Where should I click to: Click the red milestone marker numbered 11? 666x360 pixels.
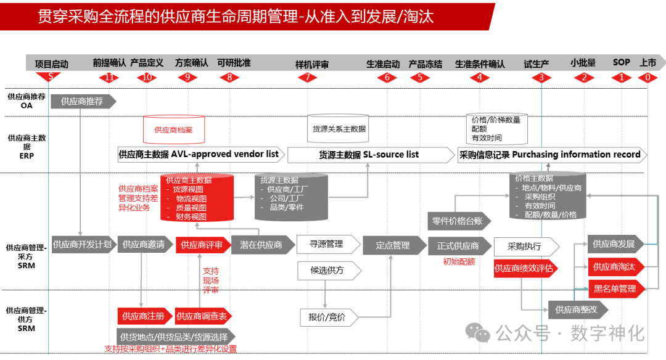110,78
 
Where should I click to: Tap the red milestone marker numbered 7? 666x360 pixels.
306,78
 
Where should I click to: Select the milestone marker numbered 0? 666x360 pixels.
647,78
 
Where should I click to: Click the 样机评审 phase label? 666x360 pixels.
311,64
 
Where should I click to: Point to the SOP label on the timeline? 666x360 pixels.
621,62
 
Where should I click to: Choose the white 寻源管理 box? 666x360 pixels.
326,244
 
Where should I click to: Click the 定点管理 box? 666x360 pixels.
393,245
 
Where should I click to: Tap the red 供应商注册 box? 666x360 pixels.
143,316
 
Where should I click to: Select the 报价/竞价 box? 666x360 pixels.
327,317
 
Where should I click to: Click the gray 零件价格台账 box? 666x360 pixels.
459,221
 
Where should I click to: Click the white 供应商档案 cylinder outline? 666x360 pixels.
174,129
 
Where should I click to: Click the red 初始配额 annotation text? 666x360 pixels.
459,261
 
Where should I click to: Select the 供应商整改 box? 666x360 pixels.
576,309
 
